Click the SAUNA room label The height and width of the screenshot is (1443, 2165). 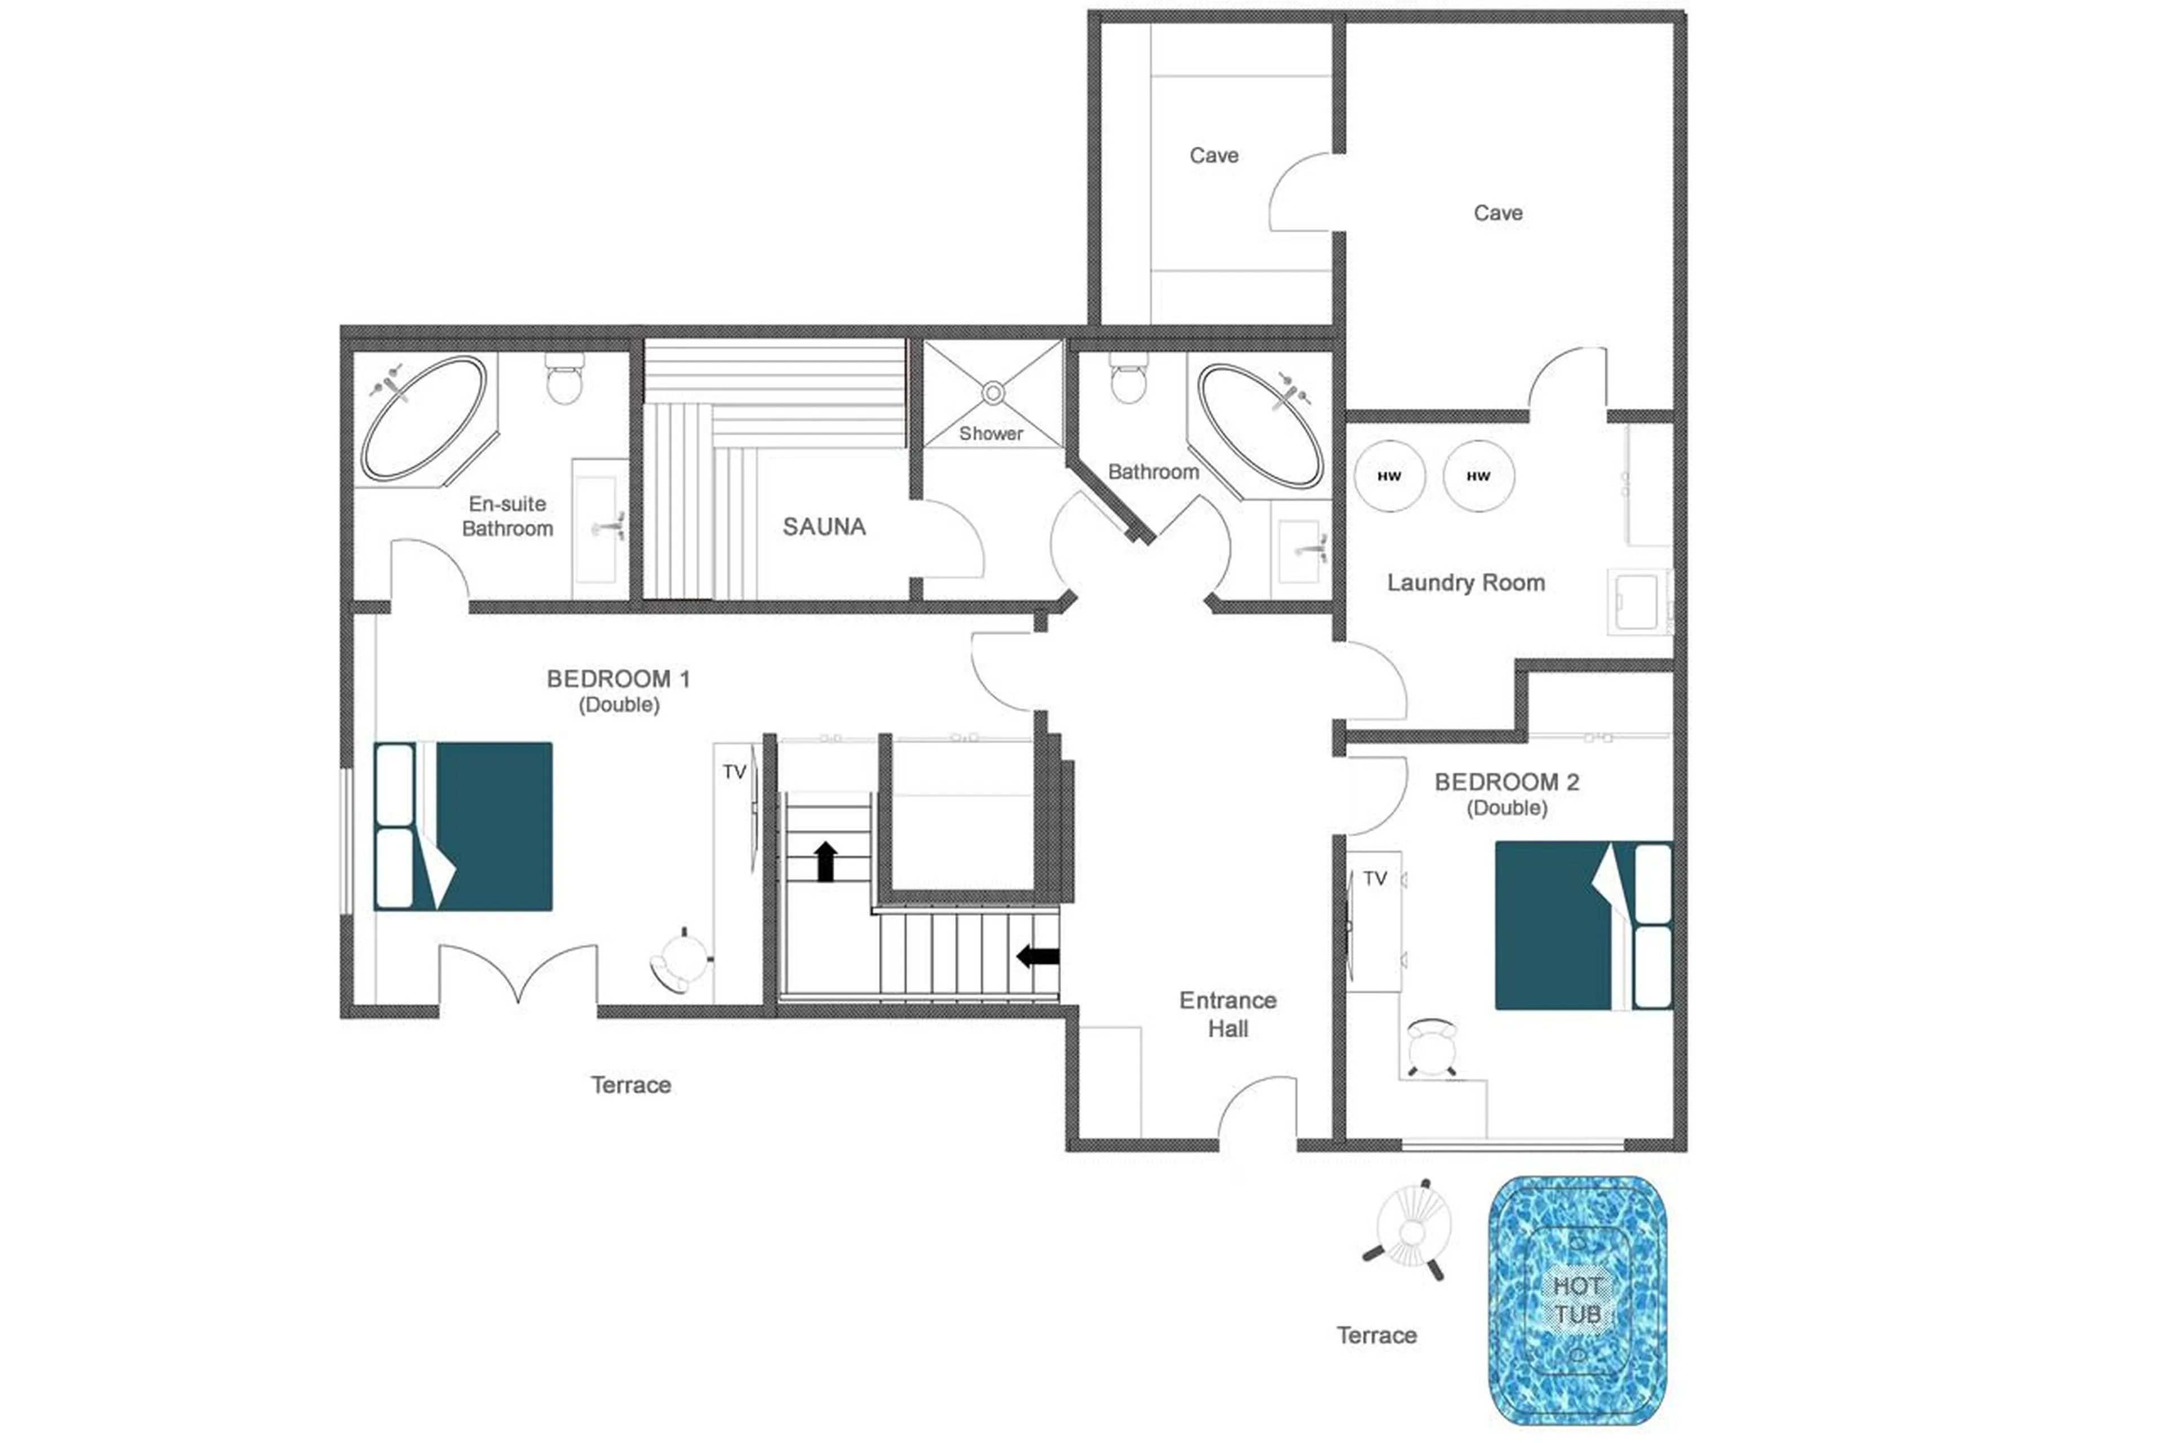824,527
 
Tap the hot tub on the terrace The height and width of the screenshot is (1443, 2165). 1576,1299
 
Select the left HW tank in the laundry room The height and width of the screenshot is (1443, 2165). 1389,476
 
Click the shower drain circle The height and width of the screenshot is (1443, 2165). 992,393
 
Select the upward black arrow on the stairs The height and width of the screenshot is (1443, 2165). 825,862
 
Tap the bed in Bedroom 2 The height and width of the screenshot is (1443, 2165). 1583,925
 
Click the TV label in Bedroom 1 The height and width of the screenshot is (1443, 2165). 734,772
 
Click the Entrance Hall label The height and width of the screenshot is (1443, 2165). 1227,1014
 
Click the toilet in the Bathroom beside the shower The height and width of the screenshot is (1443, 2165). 1128,381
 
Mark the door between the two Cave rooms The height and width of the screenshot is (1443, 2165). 1302,192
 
